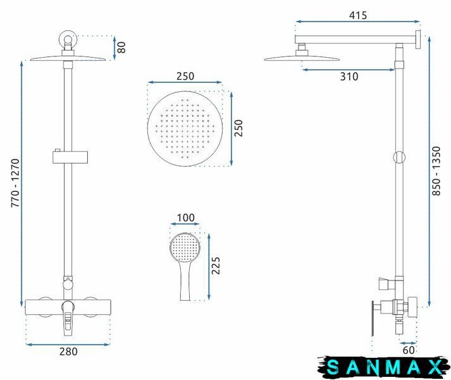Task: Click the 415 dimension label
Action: [358, 15]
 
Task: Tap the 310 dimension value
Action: [349, 77]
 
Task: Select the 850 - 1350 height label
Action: [436, 171]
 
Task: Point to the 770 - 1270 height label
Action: [15, 183]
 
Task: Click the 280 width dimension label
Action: [68, 351]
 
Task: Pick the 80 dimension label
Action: [121, 47]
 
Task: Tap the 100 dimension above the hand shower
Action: [185, 217]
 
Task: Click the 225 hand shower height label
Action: [216, 265]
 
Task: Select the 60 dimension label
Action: [409, 350]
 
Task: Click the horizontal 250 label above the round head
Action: [185, 76]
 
